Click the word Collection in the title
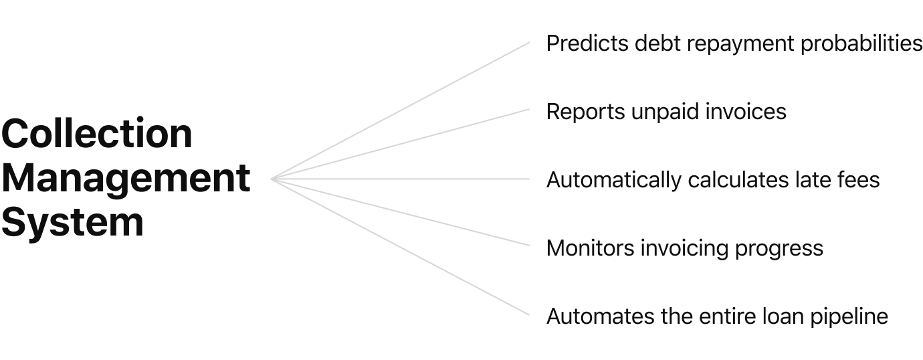click(x=97, y=134)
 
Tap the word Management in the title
click(x=126, y=179)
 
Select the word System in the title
click(x=72, y=223)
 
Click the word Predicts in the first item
click(x=587, y=44)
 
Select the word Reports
click(x=586, y=112)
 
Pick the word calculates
click(x=731, y=180)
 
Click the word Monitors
click(x=591, y=249)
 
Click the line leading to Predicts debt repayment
click(x=401, y=110)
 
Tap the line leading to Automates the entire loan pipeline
click(x=401, y=248)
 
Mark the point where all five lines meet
click(x=272, y=179)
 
